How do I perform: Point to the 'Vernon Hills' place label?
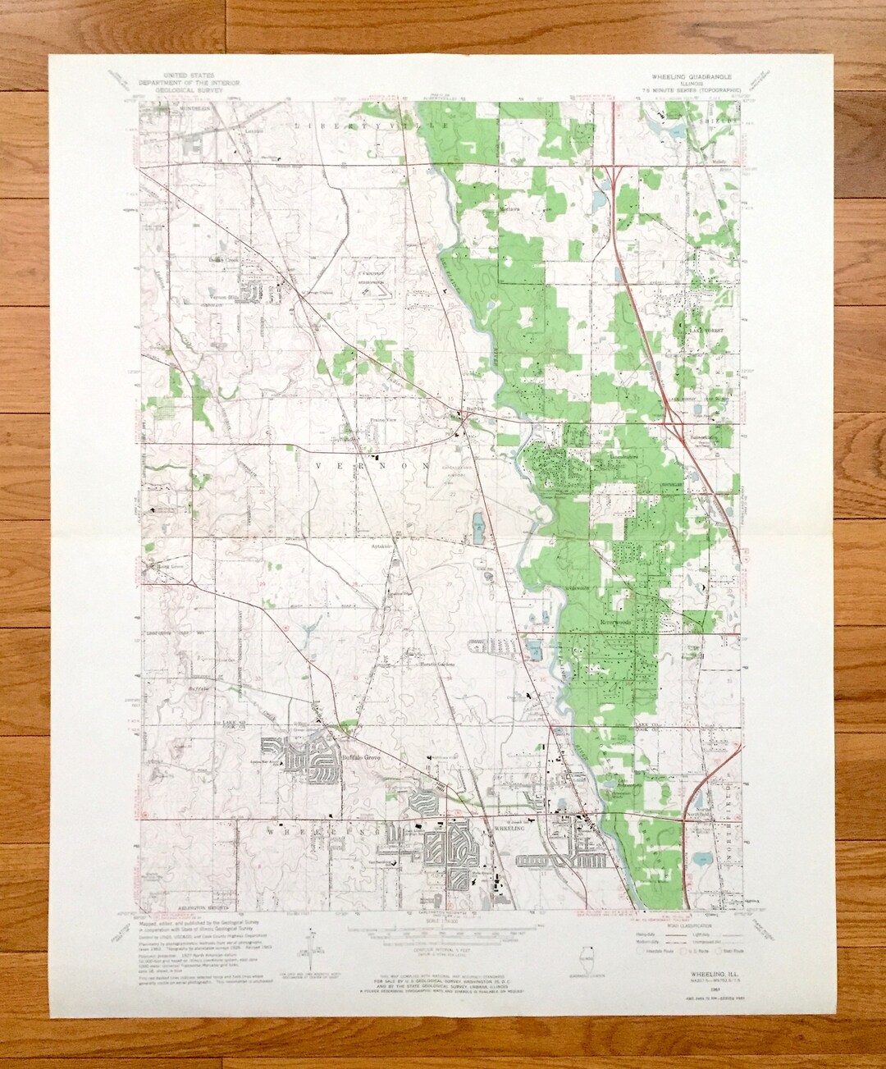pos(226,296)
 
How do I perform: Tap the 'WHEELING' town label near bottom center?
pos(492,830)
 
